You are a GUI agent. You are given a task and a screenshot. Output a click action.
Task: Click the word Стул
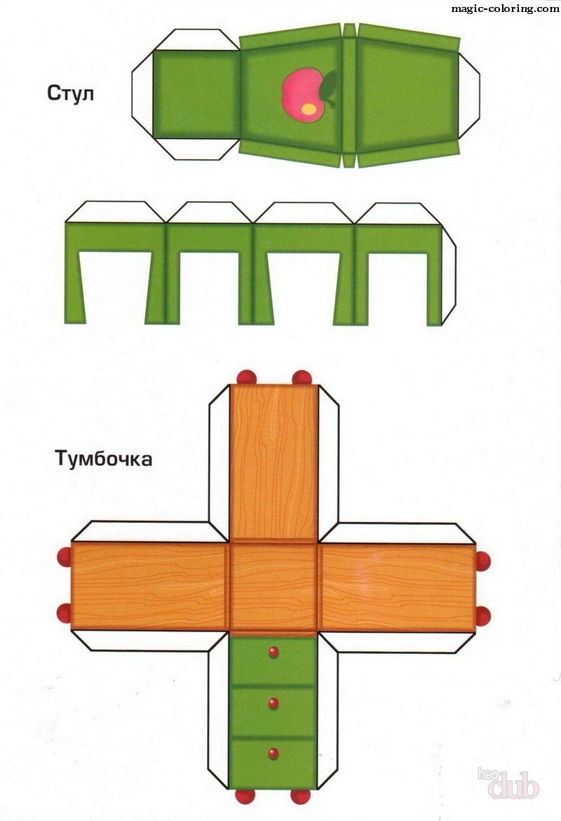pos(71,93)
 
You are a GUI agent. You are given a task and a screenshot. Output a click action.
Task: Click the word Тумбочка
pos(104,458)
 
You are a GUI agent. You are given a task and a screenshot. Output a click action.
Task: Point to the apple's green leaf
pos(329,88)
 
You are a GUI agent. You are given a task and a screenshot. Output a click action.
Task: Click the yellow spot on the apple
pos(309,109)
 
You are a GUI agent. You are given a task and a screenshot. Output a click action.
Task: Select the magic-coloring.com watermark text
pos(505,8)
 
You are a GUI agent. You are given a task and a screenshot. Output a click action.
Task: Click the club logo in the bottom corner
pos(508,783)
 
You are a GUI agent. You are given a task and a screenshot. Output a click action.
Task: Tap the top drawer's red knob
pos(273,652)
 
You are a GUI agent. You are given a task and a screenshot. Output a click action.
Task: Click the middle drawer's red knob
pos(273,702)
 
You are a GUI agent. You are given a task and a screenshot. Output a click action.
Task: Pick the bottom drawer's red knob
pos(273,754)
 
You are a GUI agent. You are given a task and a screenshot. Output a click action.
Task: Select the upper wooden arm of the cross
pos(274,463)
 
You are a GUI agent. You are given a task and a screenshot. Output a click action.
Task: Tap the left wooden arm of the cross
pos(149,585)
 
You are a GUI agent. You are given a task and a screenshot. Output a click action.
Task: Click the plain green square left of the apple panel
pos(196,94)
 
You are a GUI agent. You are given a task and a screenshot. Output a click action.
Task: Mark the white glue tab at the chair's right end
pos(469,95)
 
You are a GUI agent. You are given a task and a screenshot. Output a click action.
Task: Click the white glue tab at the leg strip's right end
pos(449,274)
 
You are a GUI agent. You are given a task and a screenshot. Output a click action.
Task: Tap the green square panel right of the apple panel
pos(407,95)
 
